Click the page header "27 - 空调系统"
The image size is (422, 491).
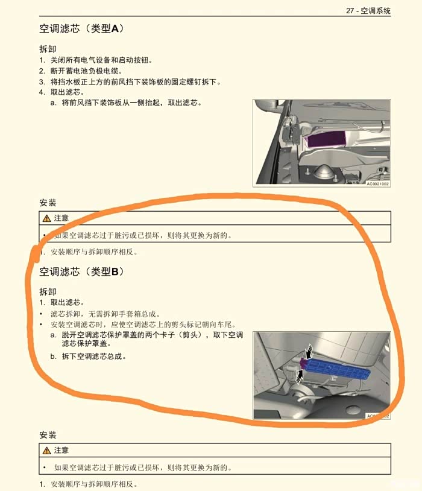point(368,11)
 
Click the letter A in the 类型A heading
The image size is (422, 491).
point(115,28)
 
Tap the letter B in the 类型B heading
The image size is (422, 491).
point(115,271)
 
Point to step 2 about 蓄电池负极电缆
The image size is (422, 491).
point(80,71)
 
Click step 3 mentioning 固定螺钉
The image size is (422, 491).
point(130,82)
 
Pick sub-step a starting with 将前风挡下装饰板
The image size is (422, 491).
point(126,103)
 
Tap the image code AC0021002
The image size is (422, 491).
point(377,184)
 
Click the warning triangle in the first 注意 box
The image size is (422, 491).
point(46,218)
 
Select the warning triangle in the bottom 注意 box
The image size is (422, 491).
point(46,451)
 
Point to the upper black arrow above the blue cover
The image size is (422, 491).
point(310,351)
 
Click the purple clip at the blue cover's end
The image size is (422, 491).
point(303,364)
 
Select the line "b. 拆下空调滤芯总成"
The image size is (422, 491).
point(88,356)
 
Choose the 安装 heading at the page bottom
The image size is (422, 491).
point(48,435)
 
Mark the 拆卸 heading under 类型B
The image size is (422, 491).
point(48,291)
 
